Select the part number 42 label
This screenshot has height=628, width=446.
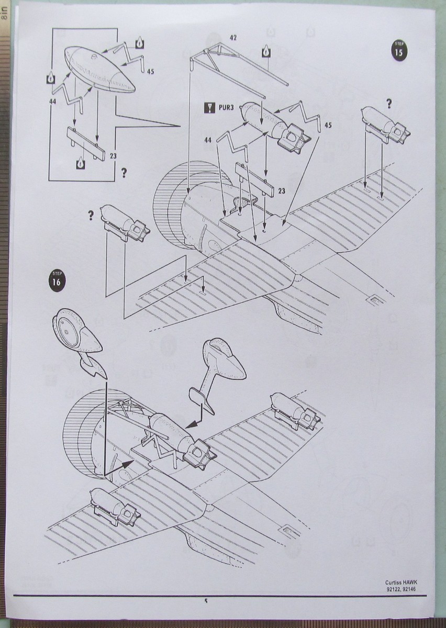click(x=233, y=38)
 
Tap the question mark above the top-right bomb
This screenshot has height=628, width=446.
click(x=388, y=104)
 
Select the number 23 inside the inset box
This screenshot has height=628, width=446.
click(x=113, y=155)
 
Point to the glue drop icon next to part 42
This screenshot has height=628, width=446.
click(x=265, y=51)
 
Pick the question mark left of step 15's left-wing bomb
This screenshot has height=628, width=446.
click(x=91, y=215)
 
